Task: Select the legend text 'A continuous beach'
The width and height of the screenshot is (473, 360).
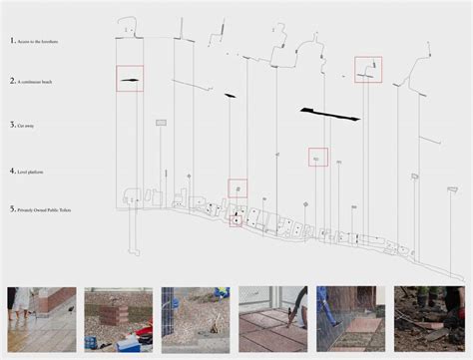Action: [x=43, y=80]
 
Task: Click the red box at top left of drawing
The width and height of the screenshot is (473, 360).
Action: [x=130, y=80]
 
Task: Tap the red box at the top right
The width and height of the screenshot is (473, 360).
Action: [x=368, y=69]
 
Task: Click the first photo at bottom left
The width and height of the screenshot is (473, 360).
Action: [x=41, y=320]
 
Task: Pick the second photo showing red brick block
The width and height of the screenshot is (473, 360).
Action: [x=119, y=320]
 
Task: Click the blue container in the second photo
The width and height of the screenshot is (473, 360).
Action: [x=129, y=345]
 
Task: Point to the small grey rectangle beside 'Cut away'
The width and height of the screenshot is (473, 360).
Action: [x=161, y=123]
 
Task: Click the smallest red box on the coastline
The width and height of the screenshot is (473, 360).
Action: [x=236, y=218]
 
